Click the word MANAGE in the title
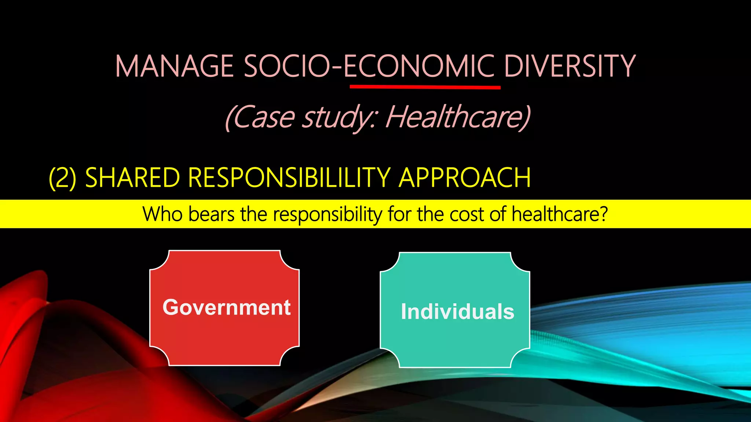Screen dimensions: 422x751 click(175, 66)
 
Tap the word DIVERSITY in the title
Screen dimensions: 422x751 click(569, 66)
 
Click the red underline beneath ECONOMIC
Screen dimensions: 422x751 click(425, 87)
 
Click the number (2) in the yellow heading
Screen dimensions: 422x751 click(63, 178)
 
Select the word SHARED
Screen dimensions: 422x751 click(132, 178)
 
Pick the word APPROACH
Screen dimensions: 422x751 click(465, 178)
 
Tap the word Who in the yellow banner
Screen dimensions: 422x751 click(162, 214)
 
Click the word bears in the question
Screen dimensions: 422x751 click(211, 214)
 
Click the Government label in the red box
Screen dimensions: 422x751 click(227, 307)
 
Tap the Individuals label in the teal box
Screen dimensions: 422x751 click(457, 312)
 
